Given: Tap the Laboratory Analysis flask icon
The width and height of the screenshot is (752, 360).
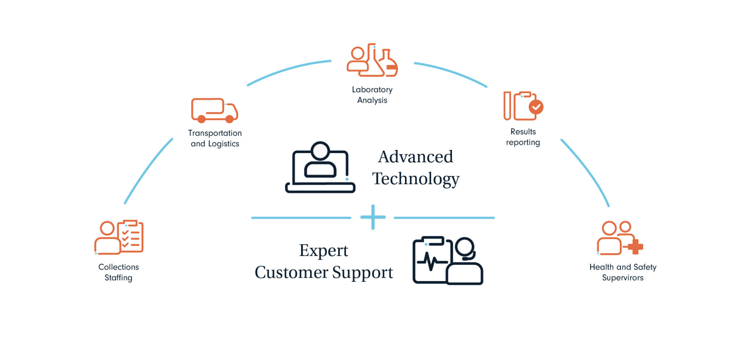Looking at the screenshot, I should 388,63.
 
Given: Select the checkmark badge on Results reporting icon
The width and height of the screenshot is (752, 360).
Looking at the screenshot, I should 536,107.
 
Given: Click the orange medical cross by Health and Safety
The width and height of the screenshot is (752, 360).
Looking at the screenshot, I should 635,246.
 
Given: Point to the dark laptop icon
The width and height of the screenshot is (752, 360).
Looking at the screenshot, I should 320,168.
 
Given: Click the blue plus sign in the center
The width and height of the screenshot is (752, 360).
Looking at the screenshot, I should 373,217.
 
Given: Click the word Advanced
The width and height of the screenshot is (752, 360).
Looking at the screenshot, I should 416,157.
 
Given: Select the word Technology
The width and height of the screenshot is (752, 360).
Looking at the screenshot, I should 416,179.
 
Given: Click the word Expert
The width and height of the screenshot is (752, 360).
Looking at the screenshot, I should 323,251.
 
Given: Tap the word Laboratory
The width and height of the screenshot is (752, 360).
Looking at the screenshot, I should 372,90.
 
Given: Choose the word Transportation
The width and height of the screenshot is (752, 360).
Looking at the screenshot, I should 215,133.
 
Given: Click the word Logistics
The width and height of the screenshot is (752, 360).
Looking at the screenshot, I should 224,144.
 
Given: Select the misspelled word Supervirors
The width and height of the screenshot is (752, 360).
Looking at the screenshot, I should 623,278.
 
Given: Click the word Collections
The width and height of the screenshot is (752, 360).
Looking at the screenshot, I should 119,267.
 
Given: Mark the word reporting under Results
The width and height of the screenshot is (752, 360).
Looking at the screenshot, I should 523,143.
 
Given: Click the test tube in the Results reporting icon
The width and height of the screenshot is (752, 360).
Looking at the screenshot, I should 507,106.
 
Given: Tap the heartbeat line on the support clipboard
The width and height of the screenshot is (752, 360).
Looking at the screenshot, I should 432,262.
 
